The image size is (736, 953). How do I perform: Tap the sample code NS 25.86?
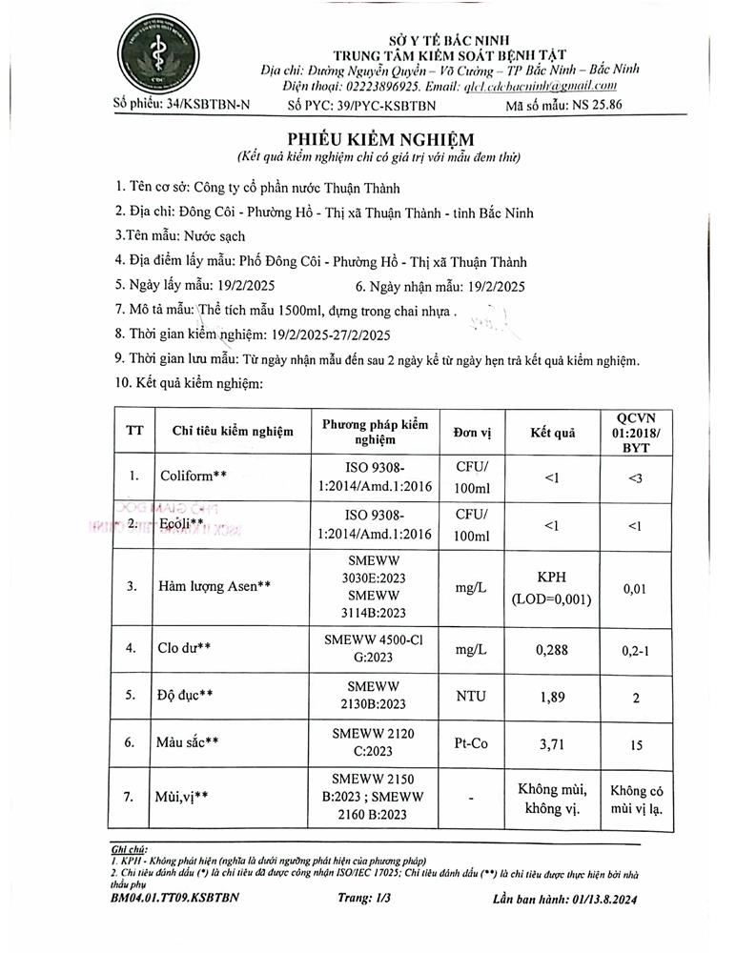point(589,106)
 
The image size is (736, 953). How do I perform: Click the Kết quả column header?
point(552,432)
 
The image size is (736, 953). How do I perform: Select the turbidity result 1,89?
point(552,697)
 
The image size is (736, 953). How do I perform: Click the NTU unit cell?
point(471,697)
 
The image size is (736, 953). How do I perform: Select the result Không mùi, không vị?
point(552,799)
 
